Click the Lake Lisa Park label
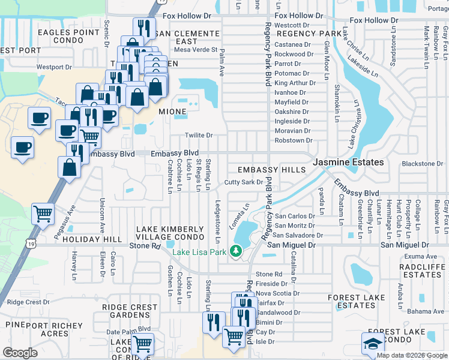click(200, 252)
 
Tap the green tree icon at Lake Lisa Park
click(238, 251)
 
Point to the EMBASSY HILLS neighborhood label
click(271, 170)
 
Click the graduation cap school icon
click(373, 344)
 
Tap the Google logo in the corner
click(20, 353)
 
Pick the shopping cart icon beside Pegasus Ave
click(43, 214)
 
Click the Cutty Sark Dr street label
click(244, 182)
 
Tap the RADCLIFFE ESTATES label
click(414, 270)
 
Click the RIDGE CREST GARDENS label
click(130, 311)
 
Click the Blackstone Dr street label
click(422, 164)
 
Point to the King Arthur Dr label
click(294, 83)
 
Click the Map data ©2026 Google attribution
click(412, 355)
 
